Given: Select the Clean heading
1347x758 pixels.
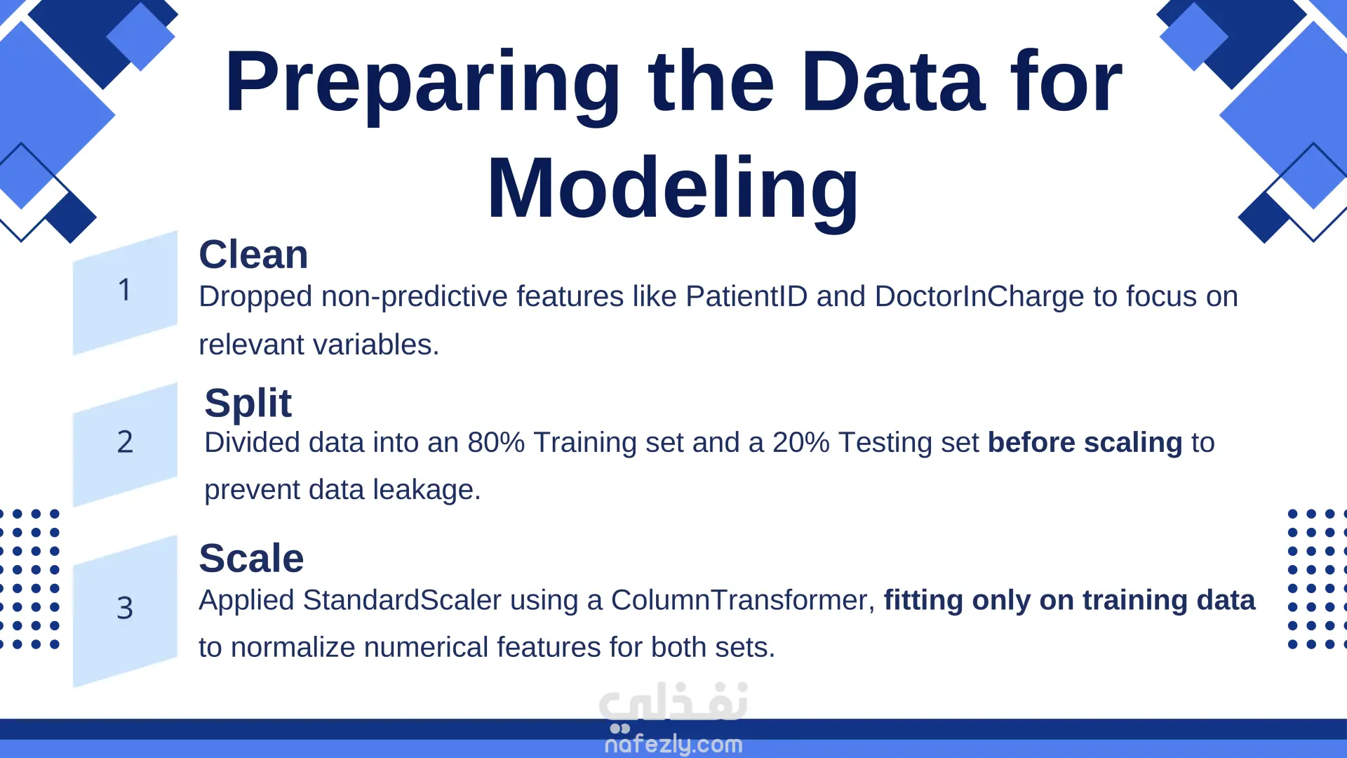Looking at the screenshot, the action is (253, 254).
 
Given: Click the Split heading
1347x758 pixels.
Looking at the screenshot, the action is (248, 404).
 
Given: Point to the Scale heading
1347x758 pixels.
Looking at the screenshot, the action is (251, 558).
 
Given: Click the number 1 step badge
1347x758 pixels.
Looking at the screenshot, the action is (125, 292).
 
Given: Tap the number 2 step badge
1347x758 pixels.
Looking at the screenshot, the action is (125, 444).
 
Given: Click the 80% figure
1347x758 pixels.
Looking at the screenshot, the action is (496, 442).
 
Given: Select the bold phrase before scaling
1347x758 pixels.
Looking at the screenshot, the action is (1085, 443).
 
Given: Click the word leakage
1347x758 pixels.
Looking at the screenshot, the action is (427, 490).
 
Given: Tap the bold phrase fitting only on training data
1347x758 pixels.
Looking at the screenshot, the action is (1070, 601).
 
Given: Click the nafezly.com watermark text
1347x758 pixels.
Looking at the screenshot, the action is (673, 744).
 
